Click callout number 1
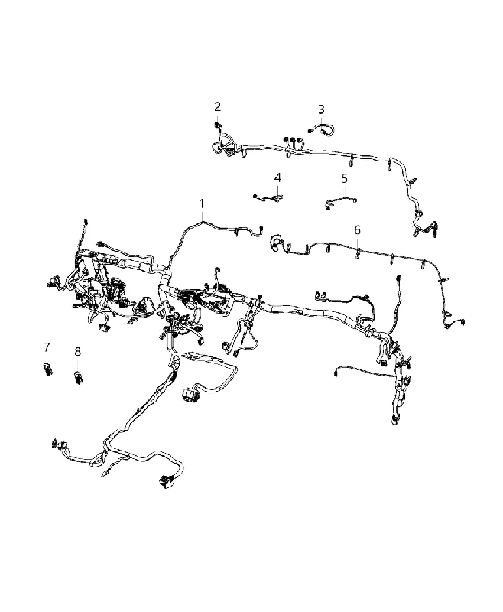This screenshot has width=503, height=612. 202,203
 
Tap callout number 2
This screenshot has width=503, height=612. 217,106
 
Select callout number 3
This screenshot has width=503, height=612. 321,109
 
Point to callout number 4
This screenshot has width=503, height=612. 277,178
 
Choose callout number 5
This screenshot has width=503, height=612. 344,179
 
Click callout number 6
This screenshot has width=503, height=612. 357,230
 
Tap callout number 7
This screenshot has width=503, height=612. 47,347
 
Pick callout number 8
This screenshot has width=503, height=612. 78,352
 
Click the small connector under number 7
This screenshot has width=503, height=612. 47,369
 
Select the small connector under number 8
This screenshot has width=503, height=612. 79,378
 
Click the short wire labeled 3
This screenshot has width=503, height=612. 322,129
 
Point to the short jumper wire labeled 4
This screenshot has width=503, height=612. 268,199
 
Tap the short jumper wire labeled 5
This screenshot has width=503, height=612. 341,202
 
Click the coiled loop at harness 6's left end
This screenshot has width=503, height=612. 277,243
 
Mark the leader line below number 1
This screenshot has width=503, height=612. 202,216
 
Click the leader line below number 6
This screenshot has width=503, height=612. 357,242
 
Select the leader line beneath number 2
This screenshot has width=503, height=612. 217,119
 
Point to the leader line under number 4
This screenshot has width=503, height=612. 277,190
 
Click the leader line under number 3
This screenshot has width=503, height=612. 321,120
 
